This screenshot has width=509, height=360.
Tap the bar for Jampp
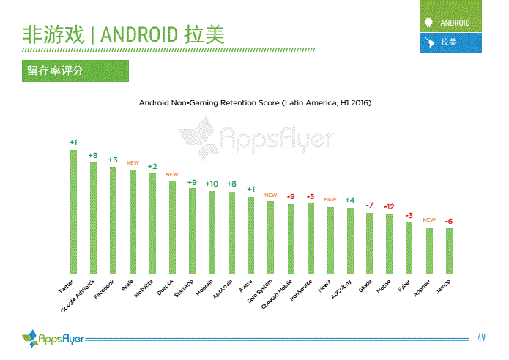(x=449, y=250)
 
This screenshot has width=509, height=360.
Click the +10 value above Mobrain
(x=212, y=184)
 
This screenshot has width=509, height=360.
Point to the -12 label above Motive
(x=390, y=207)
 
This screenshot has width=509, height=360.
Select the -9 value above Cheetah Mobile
(x=291, y=197)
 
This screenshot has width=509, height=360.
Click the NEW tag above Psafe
(x=133, y=162)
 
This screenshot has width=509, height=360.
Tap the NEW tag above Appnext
(x=429, y=220)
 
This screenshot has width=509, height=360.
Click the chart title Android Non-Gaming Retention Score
(x=255, y=103)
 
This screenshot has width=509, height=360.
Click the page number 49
(x=481, y=337)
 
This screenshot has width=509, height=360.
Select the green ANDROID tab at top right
(x=450, y=23)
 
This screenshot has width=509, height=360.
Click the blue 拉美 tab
(x=450, y=42)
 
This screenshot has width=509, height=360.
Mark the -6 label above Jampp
(x=449, y=221)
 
